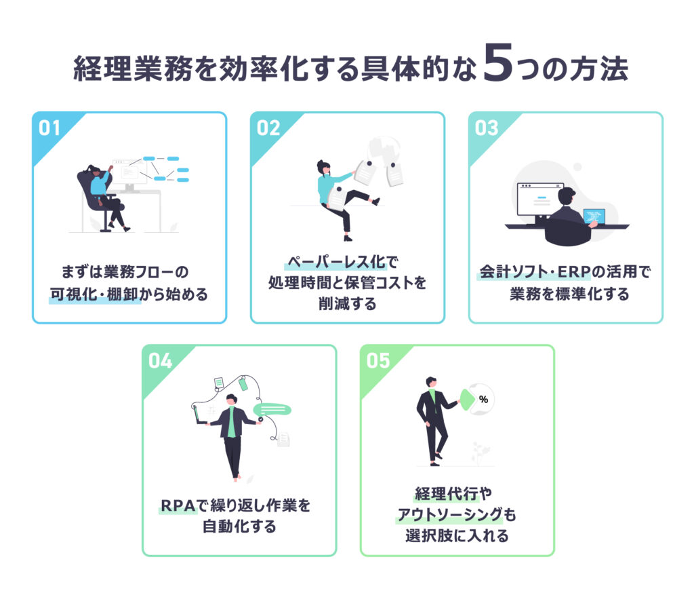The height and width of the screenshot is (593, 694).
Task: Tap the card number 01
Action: (49, 128)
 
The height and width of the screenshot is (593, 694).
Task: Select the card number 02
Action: (268, 128)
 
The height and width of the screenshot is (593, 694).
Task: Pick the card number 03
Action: (487, 128)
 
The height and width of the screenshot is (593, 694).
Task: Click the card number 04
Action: (160, 361)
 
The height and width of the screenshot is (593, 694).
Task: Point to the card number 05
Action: (378, 361)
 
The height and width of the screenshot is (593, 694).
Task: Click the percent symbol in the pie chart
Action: (483, 400)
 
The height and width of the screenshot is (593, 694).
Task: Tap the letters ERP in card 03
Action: (574, 271)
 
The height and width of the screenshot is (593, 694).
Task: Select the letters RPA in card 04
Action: (178, 505)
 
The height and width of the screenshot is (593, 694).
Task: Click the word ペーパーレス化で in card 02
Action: (343, 262)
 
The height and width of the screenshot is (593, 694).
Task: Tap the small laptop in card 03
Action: (594, 217)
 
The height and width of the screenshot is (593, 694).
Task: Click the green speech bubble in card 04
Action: (272, 409)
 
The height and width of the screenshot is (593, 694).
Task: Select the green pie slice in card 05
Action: (467, 400)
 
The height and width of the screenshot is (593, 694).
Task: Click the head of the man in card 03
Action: (567, 197)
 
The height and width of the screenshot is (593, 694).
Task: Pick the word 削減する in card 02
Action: (348, 303)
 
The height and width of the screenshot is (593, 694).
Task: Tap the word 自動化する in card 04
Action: (239, 527)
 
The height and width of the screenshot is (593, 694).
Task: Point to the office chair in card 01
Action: (98, 199)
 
